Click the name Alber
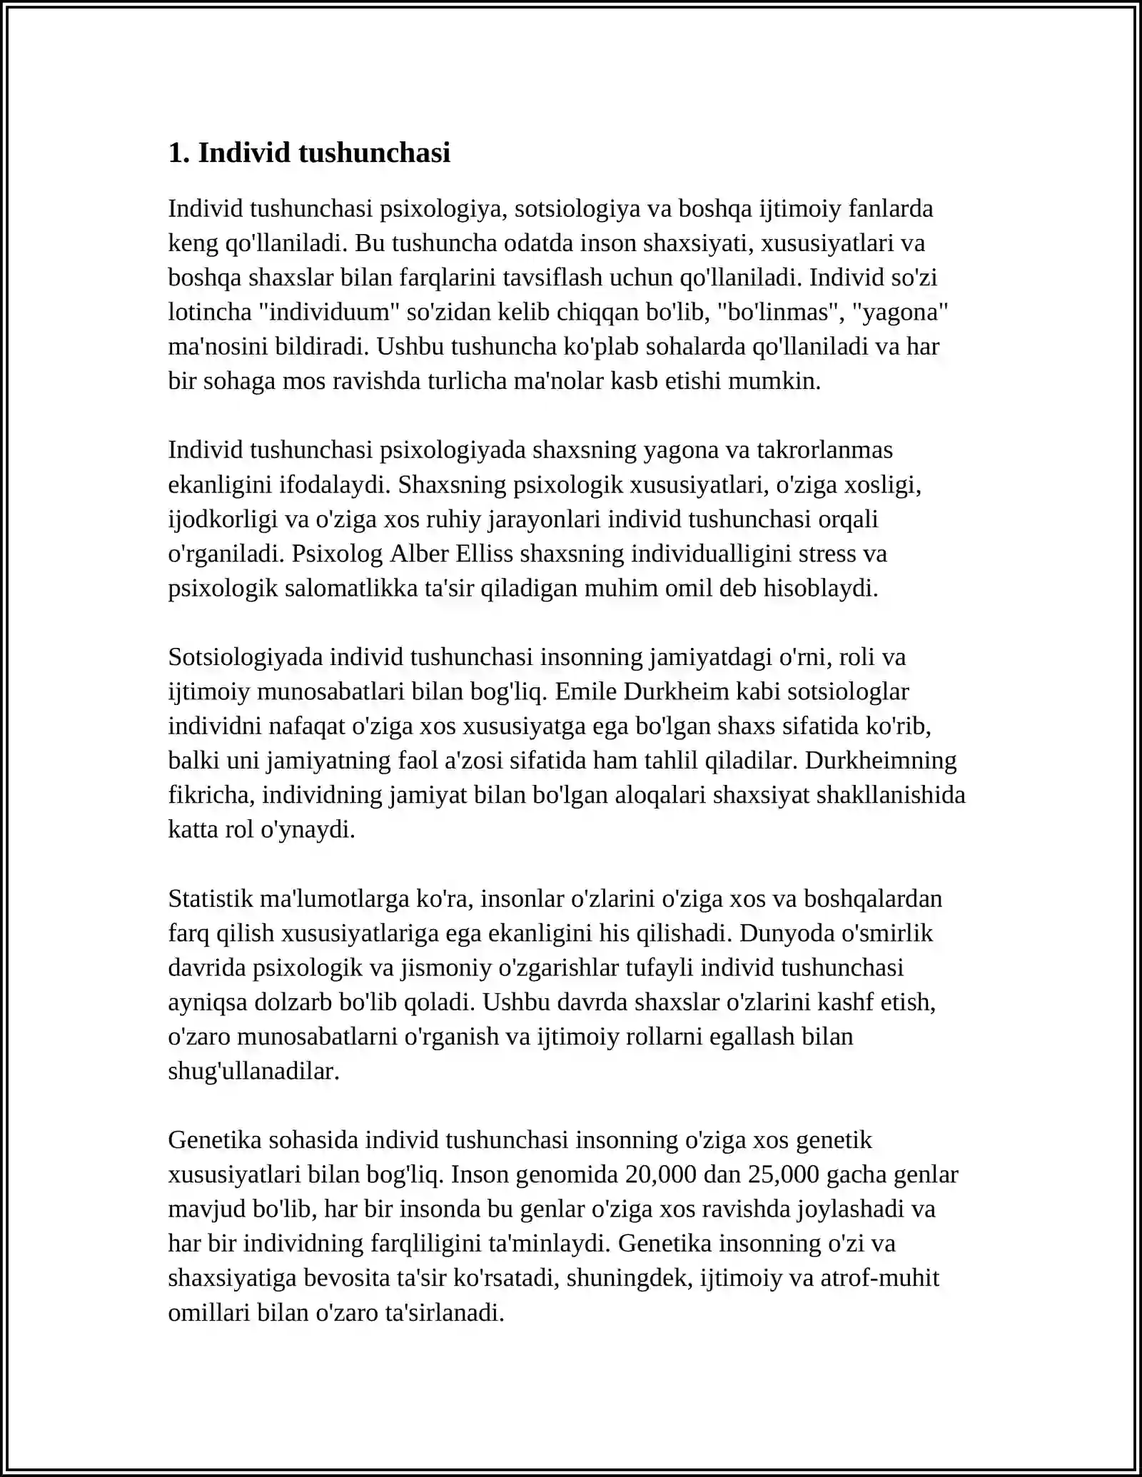414,554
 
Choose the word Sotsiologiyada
246,657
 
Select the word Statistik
211,898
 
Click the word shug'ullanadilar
253,1071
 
